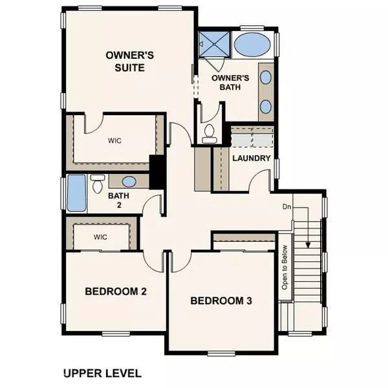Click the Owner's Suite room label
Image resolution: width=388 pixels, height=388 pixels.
124,61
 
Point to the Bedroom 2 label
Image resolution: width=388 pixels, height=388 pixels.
116,292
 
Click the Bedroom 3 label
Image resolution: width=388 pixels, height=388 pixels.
221,301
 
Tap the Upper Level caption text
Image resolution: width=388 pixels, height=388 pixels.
102,374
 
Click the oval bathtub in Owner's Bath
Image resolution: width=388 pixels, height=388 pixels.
253,47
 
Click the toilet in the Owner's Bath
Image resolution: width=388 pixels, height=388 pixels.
209,134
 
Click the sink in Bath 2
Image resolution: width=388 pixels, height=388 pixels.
129,182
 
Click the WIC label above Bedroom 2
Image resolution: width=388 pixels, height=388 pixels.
100,237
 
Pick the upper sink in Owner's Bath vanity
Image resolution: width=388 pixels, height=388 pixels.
266,78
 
